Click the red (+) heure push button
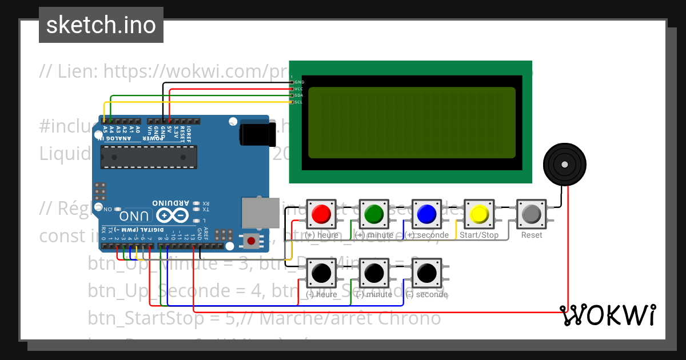point(321,214)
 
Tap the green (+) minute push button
point(374,214)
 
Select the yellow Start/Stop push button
point(479,214)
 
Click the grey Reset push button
point(532,214)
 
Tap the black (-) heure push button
point(321,274)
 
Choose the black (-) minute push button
point(374,274)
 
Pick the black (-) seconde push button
point(426,274)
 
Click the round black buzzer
point(564,165)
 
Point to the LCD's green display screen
point(412,123)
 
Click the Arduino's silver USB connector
point(258,213)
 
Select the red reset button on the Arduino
point(250,241)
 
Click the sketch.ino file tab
point(101,25)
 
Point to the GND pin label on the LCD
point(299,82)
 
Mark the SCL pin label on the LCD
point(298,102)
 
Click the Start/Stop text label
point(479,235)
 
